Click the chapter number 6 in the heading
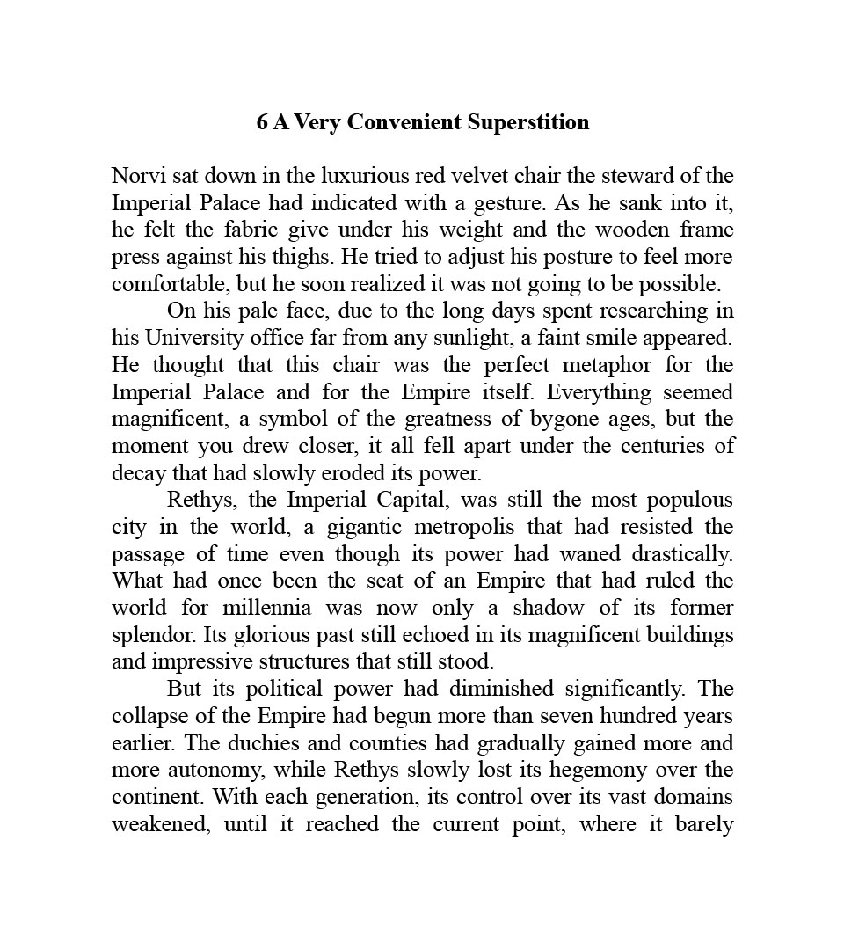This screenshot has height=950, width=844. [262, 122]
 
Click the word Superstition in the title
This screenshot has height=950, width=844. [528, 122]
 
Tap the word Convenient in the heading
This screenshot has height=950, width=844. [404, 122]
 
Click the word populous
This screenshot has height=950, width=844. [690, 501]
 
